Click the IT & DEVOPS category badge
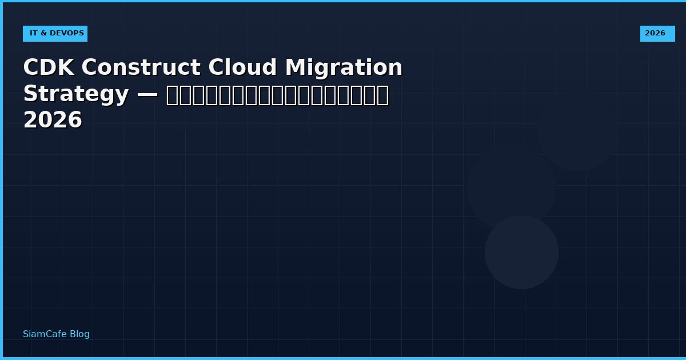55,34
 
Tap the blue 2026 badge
657,34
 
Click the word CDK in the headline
48,68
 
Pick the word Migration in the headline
344,68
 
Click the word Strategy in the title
75,94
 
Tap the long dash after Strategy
147,94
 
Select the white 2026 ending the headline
53,121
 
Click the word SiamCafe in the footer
45,334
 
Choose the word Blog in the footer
79,334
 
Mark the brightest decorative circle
521,252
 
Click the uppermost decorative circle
577,131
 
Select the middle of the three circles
511,187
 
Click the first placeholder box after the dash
172,95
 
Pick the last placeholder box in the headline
382,95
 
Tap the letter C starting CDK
31,68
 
